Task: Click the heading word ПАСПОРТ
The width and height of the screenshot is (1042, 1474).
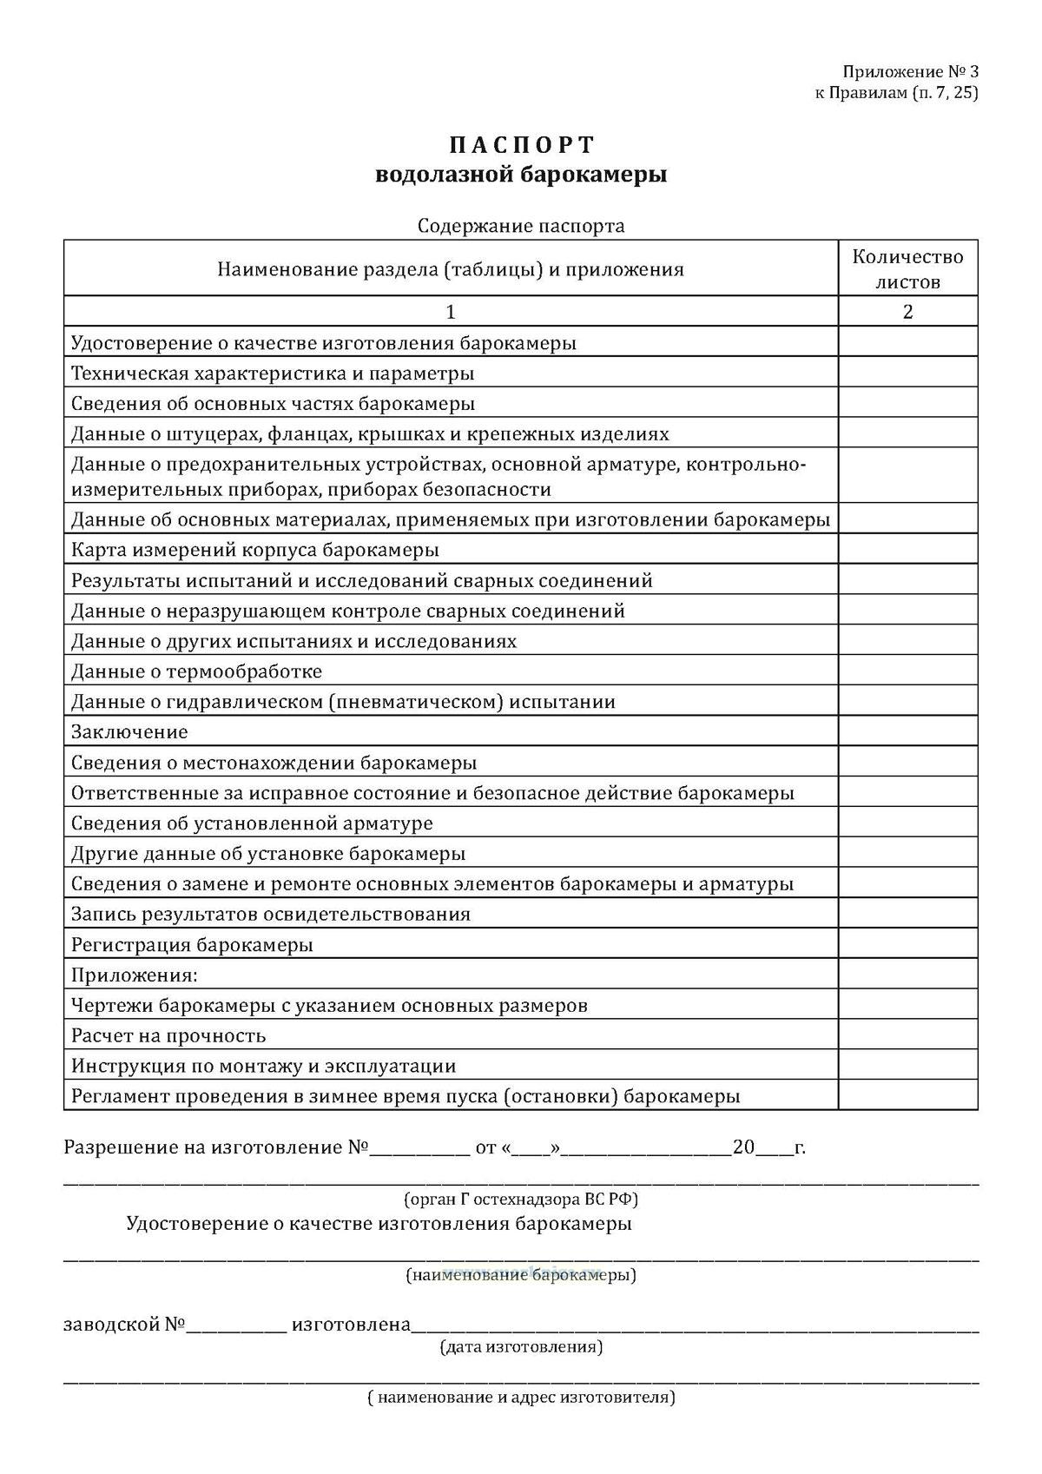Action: [x=521, y=143]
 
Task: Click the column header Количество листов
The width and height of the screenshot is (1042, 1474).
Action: [x=907, y=268]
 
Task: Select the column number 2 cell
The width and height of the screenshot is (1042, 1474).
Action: [x=907, y=311]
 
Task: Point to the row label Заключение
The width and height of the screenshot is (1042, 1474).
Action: [x=129, y=731]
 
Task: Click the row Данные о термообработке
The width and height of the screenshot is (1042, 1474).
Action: [x=196, y=671]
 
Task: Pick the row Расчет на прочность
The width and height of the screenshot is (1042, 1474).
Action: [x=168, y=1035]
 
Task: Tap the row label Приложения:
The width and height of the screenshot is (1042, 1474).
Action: [x=135, y=975]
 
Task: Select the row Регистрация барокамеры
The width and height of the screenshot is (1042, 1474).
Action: [x=192, y=944]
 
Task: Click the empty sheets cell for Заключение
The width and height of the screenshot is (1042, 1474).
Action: [x=907, y=731]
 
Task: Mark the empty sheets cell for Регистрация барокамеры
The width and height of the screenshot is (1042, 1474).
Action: [x=907, y=944]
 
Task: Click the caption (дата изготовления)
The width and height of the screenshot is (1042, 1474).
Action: [x=521, y=1346]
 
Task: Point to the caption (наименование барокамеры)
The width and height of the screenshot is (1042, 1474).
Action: [x=521, y=1275]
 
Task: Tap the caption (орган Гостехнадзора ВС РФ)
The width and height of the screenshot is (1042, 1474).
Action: [x=521, y=1200]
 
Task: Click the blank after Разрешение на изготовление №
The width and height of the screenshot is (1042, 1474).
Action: [x=420, y=1148]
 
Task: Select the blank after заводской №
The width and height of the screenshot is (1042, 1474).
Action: [x=236, y=1325]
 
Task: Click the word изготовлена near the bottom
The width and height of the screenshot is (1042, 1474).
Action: [x=351, y=1325]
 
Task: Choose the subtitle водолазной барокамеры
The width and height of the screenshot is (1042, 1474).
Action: [x=521, y=175]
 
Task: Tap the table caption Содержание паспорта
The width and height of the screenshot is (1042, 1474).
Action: [x=521, y=226]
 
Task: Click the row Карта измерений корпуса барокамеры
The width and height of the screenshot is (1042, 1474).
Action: [x=255, y=550]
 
